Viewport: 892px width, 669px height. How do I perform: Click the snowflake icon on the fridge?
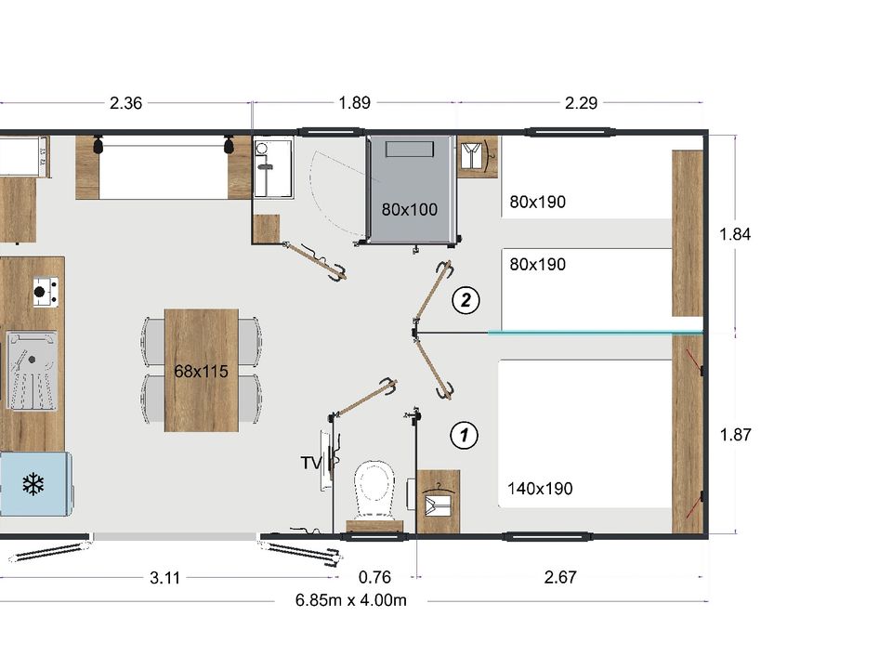[33, 484]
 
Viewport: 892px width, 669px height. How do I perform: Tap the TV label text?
[311, 463]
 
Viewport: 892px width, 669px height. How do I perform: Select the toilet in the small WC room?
[374, 491]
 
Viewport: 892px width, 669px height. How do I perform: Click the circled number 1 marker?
[465, 435]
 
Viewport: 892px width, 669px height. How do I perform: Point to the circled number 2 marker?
[466, 300]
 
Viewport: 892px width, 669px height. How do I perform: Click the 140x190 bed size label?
[540, 488]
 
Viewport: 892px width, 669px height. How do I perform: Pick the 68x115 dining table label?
[201, 372]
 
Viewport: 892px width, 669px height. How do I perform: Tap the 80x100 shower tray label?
[410, 210]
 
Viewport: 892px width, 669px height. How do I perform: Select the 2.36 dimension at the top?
[125, 103]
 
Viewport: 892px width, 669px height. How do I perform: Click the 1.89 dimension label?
[354, 103]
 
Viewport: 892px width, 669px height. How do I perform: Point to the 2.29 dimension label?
[582, 103]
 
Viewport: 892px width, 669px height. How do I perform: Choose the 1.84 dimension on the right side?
[735, 234]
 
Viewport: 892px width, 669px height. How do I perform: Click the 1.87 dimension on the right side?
[736, 435]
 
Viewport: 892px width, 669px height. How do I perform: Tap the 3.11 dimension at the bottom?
[165, 578]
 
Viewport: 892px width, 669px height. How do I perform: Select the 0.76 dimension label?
[374, 577]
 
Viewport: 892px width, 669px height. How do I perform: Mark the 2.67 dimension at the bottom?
[560, 577]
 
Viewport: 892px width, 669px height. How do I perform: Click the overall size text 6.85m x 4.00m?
[351, 600]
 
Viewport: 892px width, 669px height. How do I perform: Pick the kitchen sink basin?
[32, 371]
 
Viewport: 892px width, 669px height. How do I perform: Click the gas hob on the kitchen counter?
[46, 291]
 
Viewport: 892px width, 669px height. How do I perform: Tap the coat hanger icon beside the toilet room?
[438, 501]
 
